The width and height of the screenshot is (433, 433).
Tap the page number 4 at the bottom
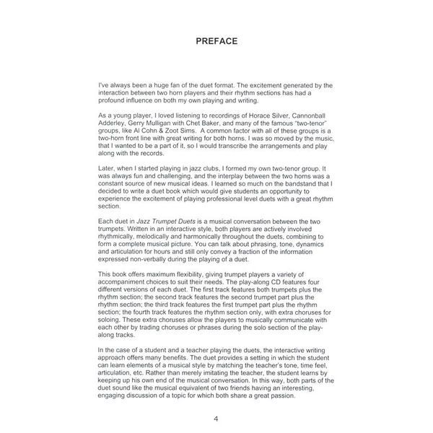coord(216,418)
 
